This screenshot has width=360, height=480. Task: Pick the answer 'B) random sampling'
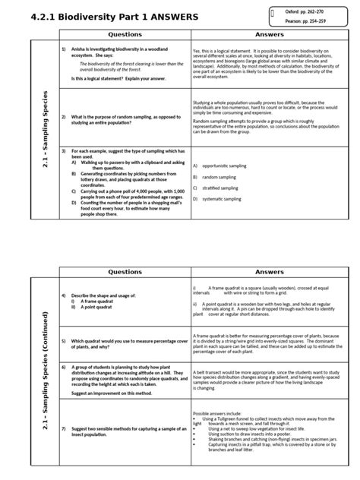click(x=214, y=176)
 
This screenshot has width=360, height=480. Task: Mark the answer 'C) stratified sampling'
click(x=217, y=187)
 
